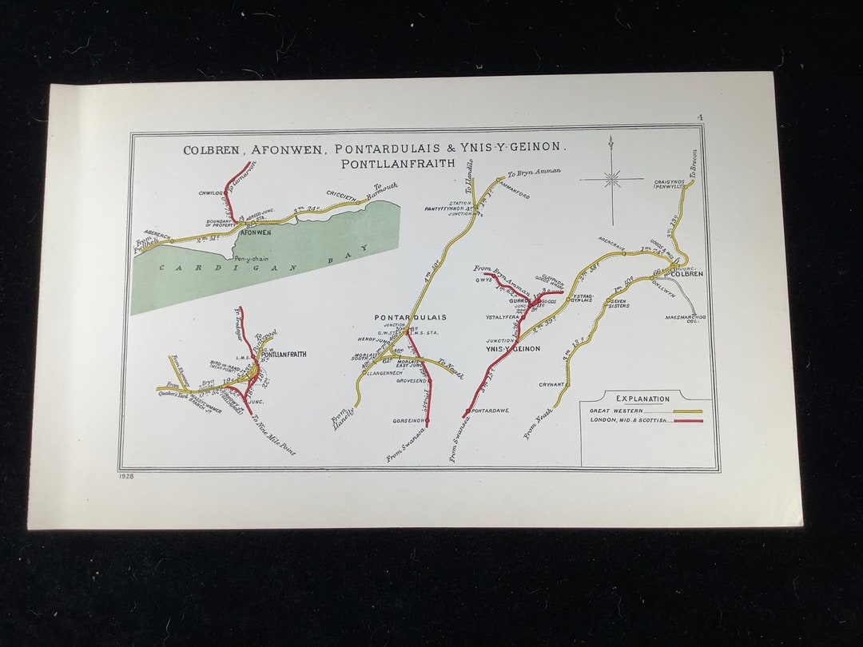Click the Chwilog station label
(210, 193)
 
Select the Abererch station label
(157, 234)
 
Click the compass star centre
(612, 179)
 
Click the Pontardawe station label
(491, 411)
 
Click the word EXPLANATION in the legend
(642, 399)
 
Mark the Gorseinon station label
(409, 420)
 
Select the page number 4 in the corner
(699, 118)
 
